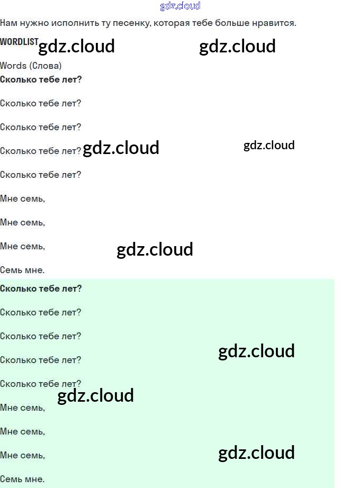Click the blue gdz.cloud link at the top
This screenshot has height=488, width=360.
tap(180, 6)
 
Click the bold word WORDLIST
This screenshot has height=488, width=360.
tap(19, 41)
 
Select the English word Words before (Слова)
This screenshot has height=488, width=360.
tap(13, 66)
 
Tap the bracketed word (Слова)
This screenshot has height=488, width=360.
tap(46, 66)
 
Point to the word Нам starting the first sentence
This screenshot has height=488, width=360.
tap(8, 23)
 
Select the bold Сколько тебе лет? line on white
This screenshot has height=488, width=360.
tap(41, 79)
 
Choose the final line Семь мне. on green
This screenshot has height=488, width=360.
tap(22, 479)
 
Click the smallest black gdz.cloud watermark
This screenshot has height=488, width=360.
tap(269, 145)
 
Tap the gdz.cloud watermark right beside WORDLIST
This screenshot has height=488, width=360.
tap(77, 47)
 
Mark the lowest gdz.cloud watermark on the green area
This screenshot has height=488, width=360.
tap(256, 453)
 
